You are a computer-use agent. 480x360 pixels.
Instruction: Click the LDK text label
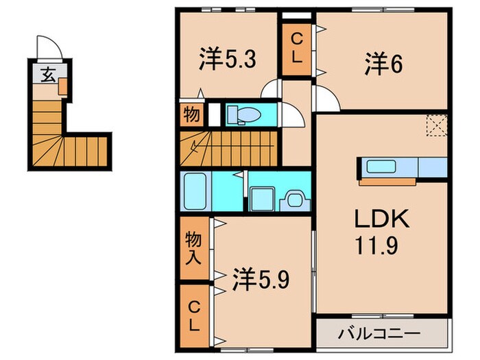pos(381,220)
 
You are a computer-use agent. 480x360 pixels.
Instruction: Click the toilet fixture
pos(240,113)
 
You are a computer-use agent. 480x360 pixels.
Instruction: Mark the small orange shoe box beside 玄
pos(63,86)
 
